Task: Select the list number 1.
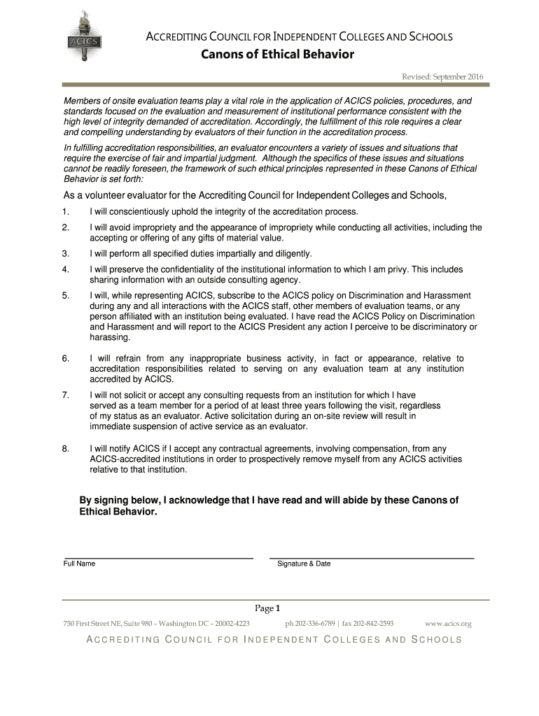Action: click(64, 211)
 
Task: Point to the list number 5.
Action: click(64, 295)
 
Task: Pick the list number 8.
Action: click(64, 448)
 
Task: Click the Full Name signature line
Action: click(157, 558)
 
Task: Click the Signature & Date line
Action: click(372, 558)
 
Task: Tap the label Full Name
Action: click(79, 564)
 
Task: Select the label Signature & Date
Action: click(304, 564)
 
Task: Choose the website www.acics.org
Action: click(449, 623)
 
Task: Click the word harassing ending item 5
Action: click(110, 337)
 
